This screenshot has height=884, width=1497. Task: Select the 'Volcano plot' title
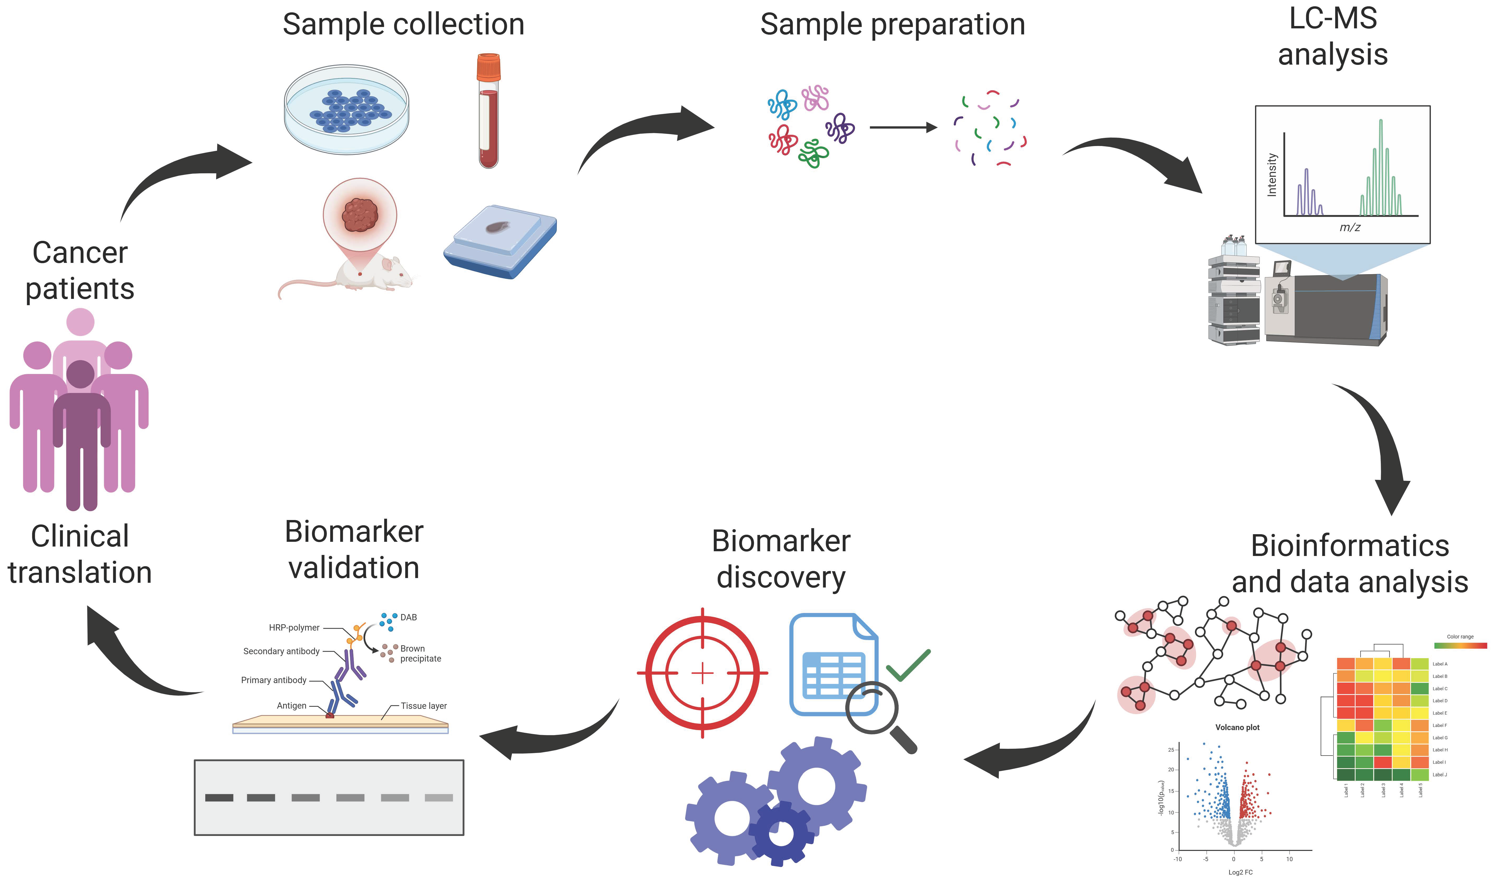click(1237, 727)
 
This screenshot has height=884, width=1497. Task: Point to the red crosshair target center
click(702, 673)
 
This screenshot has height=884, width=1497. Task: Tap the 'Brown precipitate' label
click(420, 653)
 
